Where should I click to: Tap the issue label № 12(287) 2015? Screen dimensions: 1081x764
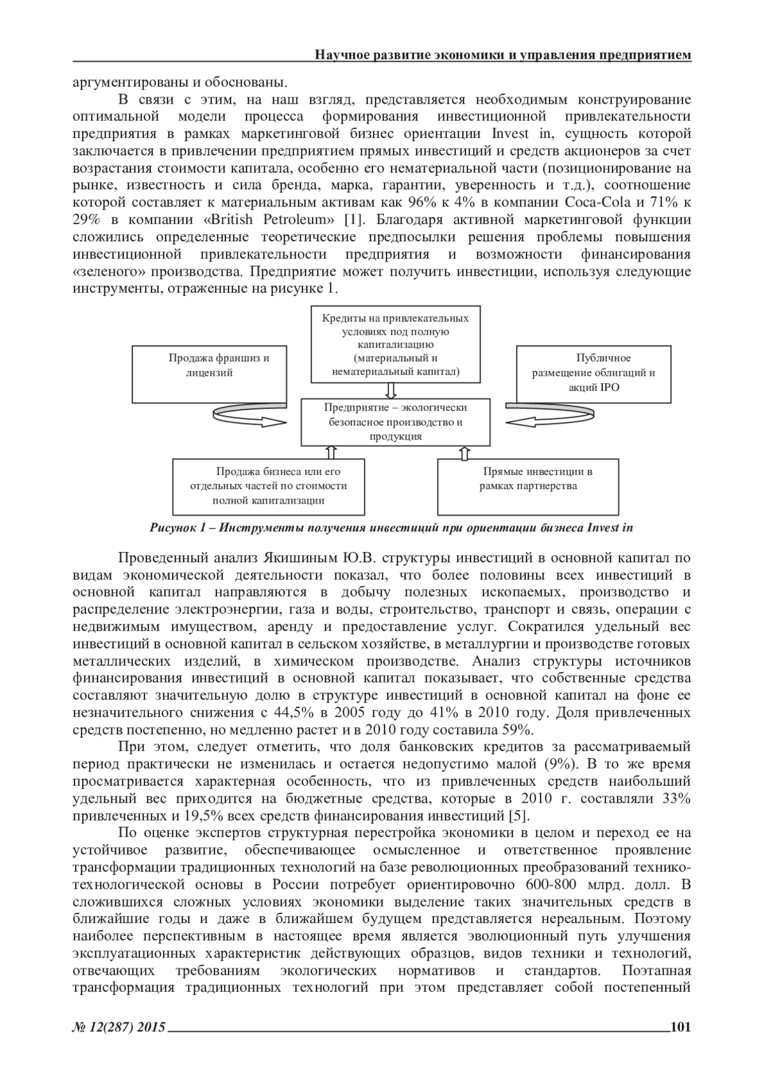tap(120, 1027)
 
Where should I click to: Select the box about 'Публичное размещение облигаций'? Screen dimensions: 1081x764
tap(593, 374)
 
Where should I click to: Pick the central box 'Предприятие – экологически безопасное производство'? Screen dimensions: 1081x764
tap(396, 421)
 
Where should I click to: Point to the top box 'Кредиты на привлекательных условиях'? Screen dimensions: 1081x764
tap(395, 344)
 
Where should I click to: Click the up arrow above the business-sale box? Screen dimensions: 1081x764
tap(330, 452)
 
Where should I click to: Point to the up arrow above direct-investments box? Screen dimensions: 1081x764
tap(463, 452)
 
